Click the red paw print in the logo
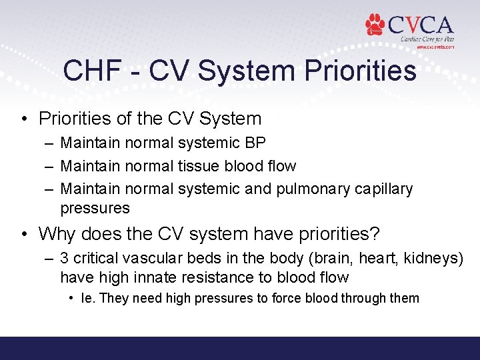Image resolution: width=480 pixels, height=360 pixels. [x=375, y=25]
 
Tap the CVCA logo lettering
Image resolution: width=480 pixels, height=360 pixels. [x=420, y=25]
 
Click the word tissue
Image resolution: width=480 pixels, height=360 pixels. [x=201, y=165]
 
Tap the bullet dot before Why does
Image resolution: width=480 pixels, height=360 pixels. [x=23, y=234]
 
